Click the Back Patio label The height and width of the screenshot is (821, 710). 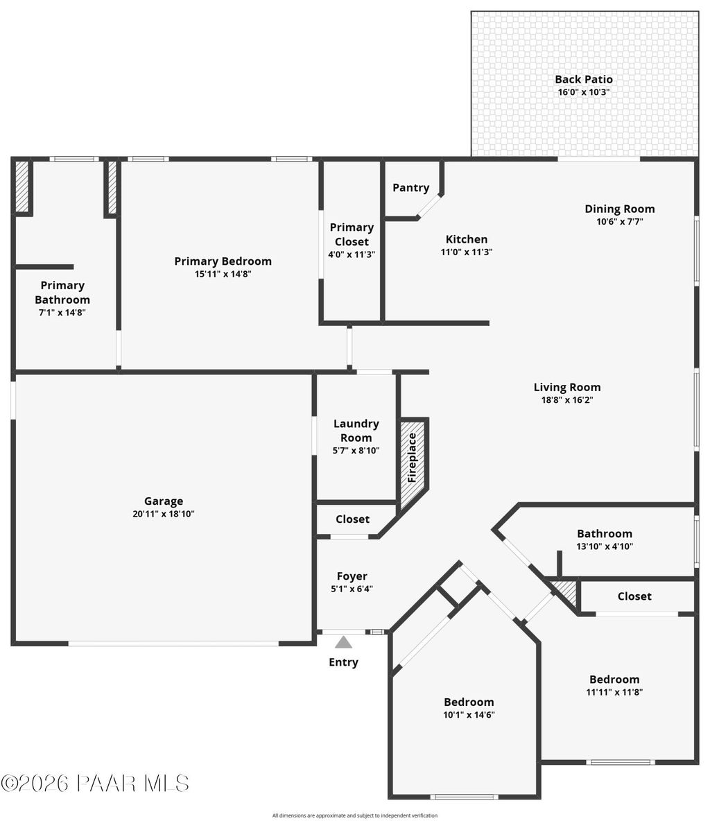pos(584,80)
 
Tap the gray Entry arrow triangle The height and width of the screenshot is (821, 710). pos(344,643)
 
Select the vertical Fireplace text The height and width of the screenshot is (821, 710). pos(413,458)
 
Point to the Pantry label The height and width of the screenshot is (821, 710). pos(411,188)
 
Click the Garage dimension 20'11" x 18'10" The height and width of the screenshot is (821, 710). pos(164,514)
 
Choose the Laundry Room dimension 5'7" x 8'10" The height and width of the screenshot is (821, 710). pos(356,451)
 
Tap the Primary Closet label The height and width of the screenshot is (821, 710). pos(352,234)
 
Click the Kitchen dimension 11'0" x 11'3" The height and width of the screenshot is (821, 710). pos(467,252)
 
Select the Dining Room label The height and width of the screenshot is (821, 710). pos(620,209)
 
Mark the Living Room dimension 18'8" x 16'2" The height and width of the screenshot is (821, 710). pos(567,400)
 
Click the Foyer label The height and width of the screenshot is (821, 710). pos(352,576)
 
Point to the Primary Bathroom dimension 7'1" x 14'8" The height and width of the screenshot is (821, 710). pos(62,313)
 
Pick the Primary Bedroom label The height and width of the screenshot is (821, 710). pos(223,261)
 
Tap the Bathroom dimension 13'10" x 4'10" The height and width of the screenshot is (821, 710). pos(605,546)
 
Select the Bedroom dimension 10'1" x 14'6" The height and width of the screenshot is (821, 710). pos(469,715)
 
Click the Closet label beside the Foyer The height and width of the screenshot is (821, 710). pos(353,519)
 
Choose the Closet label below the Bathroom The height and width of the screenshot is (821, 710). pos(634,596)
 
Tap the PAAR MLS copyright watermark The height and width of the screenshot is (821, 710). pos(95,784)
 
